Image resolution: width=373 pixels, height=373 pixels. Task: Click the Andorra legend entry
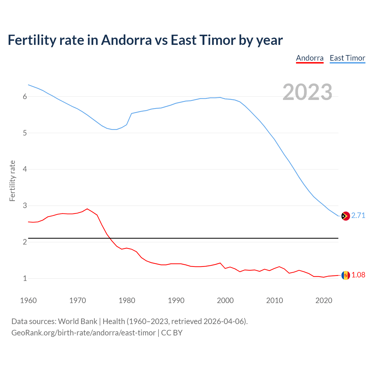(x=310, y=58)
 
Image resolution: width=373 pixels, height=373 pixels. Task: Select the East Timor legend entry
(x=347, y=58)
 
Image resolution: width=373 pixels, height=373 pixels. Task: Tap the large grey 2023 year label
(x=307, y=92)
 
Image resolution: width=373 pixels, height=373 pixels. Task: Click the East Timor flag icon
(x=345, y=216)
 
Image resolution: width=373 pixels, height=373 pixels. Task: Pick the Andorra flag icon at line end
(x=345, y=275)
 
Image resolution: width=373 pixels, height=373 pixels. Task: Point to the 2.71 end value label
(x=358, y=216)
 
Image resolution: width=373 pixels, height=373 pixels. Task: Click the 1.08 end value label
(x=358, y=275)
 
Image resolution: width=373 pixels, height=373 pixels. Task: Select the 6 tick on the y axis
(x=25, y=97)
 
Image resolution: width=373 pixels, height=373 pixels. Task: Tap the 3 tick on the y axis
(x=25, y=206)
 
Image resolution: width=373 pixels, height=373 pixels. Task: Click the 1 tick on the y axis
(x=25, y=279)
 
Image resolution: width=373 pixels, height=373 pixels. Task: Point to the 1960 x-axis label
(x=28, y=300)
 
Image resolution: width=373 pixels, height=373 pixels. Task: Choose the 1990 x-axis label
(x=176, y=300)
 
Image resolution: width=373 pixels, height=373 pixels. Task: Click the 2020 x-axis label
(x=324, y=300)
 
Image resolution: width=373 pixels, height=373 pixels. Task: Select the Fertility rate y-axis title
(x=12, y=181)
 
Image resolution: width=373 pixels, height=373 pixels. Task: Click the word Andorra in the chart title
(x=126, y=40)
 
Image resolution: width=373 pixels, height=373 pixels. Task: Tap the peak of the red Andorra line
(x=87, y=209)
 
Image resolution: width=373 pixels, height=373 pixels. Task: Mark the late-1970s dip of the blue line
(x=114, y=129)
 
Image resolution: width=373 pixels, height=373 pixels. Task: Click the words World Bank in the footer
(x=78, y=321)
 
